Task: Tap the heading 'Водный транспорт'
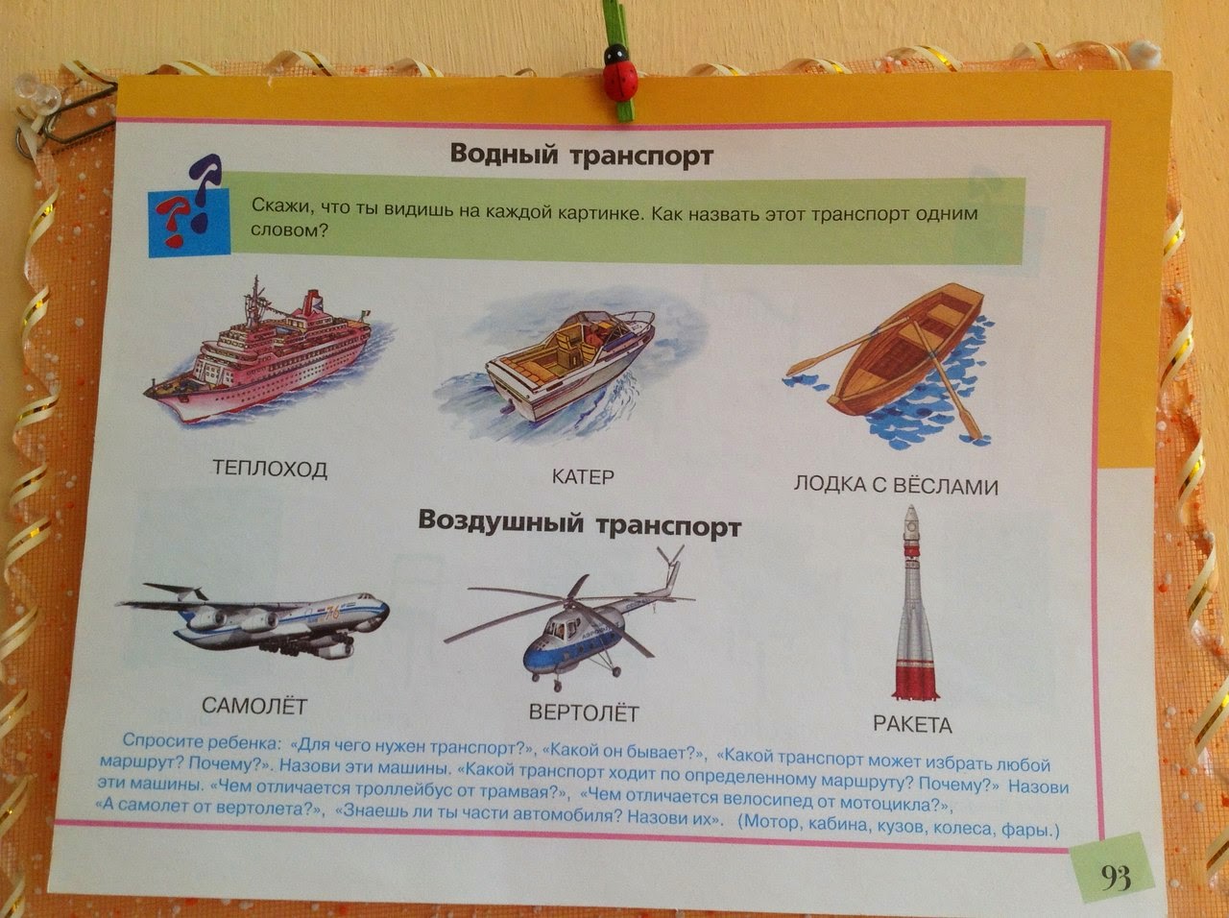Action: (x=582, y=155)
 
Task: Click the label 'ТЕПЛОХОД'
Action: (x=270, y=468)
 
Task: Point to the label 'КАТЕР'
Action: (x=583, y=476)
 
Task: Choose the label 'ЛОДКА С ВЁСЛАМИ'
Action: (x=896, y=485)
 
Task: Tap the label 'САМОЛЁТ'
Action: (x=254, y=705)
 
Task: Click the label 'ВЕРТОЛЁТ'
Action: (x=584, y=713)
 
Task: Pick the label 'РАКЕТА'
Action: (x=912, y=725)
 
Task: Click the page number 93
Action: (x=1116, y=878)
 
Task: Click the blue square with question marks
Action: (x=189, y=223)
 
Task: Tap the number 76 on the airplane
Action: (x=332, y=613)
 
